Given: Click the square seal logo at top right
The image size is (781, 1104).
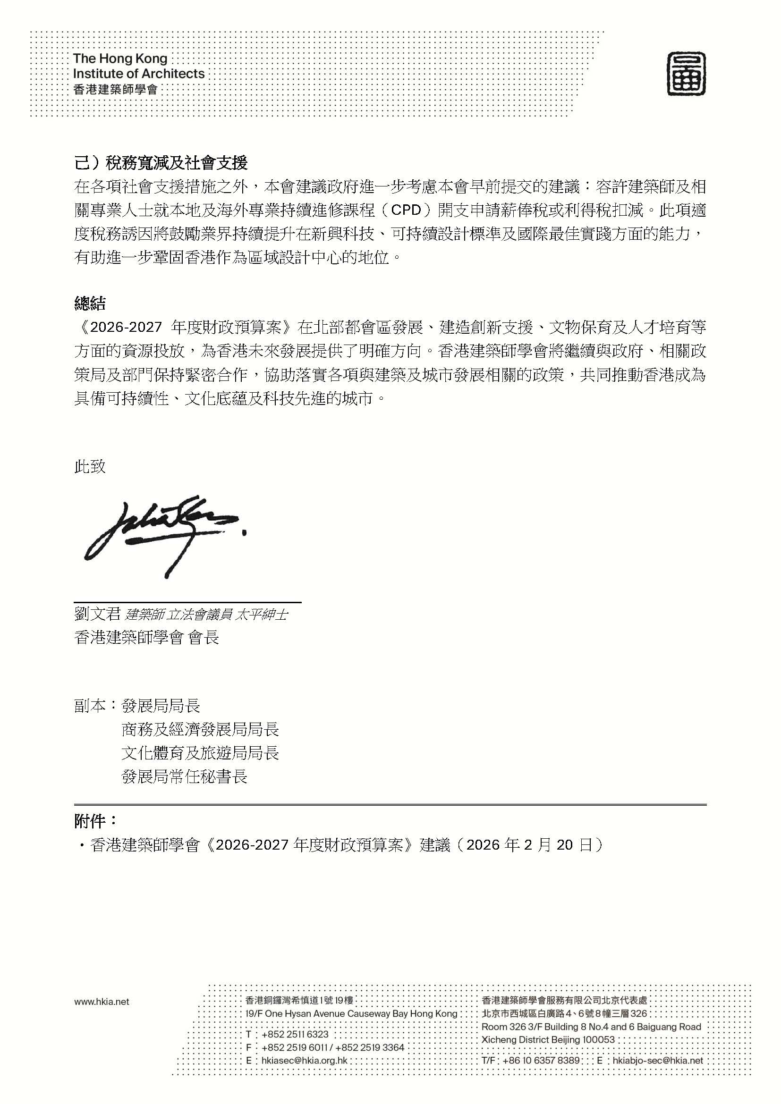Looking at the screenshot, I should pos(686,74).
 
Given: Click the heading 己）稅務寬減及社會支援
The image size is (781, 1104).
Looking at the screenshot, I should pos(161,163).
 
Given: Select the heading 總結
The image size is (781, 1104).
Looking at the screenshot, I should pos(90,303).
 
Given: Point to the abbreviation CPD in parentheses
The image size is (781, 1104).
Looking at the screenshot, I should pos(407,211).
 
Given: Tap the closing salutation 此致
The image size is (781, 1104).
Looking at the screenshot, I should pos(90,466).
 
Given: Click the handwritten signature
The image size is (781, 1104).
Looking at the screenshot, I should pos(163,531).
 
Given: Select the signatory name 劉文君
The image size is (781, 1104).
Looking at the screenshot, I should pos(97,614).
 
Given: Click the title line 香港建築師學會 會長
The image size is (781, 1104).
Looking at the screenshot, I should pos(147,638).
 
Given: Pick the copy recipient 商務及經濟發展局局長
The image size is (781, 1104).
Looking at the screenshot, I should pos(200,730).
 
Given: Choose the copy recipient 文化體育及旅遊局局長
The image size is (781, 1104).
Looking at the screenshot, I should pos(200,753).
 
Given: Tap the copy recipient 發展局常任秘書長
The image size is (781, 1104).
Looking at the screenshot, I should pos(184,776).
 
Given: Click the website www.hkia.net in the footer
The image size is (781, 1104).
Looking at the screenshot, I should pos(102,1002).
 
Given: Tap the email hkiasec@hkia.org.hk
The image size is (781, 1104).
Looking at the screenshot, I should pos(304,1060).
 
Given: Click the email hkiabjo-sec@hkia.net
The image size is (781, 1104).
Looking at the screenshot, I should pos(657,1060).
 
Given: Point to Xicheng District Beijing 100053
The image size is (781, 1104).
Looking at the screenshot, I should pos(548,1039).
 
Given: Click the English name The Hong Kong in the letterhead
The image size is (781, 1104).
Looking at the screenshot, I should pos(120,59).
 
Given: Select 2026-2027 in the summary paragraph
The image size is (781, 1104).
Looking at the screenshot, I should pos(126,328).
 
